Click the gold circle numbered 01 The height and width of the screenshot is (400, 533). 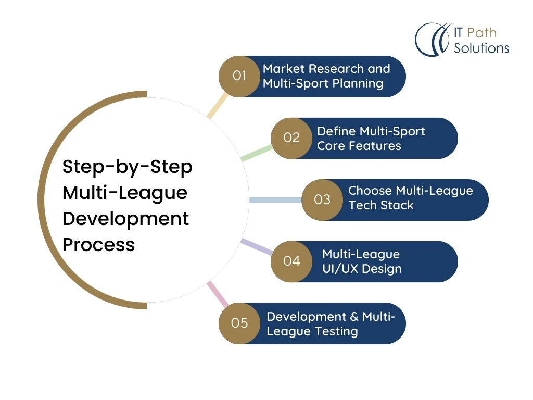point(239,76)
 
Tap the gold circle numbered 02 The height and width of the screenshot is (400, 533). point(291,138)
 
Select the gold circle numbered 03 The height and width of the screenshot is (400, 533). point(322,199)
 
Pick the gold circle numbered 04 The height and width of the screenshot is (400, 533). point(291,261)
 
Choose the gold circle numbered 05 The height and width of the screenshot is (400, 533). point(239,323)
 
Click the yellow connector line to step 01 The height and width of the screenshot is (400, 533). point(218,106)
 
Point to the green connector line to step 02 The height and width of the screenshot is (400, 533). point(257,153)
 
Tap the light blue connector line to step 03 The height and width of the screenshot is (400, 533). point(275,200)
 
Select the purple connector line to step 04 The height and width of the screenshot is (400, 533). point(257,247)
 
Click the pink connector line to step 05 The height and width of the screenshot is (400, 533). point(218,294)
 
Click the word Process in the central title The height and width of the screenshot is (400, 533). point(98,245)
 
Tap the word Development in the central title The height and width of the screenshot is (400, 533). point(125,219)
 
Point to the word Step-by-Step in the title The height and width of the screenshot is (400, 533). point(128,167)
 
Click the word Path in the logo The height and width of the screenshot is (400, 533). point(481,33)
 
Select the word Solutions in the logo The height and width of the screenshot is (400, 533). point(481,48)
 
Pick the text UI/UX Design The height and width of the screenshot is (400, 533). point(362,269)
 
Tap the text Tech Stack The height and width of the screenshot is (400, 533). point(380,205)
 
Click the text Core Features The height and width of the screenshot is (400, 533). point(359,146)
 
